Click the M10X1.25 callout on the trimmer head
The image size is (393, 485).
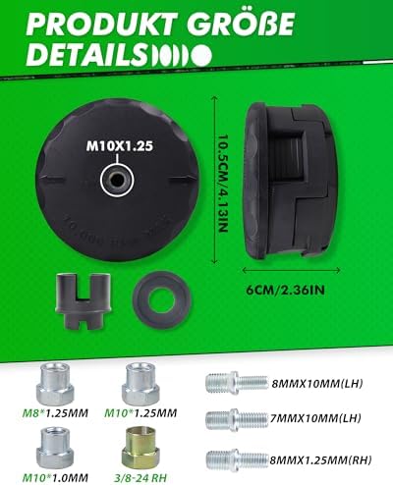pos(120,146)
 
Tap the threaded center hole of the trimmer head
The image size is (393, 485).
pos(118,179)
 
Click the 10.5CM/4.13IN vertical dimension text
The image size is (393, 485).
pos(223,184)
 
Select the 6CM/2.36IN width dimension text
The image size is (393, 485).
pos(285,290)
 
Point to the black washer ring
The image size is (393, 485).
pos(162,296)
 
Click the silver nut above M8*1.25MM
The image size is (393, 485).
pos(55,383)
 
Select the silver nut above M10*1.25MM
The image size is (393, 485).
pos(140,383)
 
